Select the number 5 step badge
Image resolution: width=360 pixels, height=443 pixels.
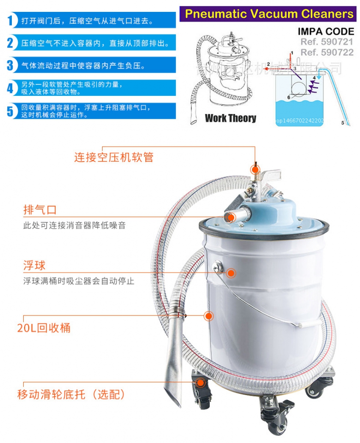click(10, 111)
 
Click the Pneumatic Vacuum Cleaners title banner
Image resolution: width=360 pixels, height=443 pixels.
click(269, 14)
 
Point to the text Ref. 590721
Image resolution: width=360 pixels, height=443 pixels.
click(327, 42)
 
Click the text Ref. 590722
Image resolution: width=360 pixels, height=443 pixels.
click(327, 52)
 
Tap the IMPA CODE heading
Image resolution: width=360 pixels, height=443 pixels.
click(326, 32)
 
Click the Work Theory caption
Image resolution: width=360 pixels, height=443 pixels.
click(230, 118)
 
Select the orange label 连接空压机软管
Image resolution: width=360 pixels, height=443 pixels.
click(114, 157)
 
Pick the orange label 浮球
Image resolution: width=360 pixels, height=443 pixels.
click(34, 266)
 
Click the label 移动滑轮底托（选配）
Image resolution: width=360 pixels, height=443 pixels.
click(71, 394)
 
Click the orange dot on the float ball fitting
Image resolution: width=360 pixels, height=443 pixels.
click(231, 273)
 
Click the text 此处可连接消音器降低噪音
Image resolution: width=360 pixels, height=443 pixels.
click(74, 226)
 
